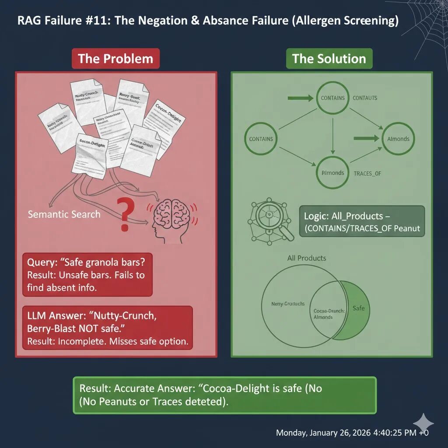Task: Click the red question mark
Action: tap(125, 213)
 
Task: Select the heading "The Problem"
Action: tap(115, 59)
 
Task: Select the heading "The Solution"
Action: tap(329, 59)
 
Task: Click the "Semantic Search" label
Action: tap(64, 214)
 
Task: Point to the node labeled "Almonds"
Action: tap(398, 139)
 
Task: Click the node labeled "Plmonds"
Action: tap(332, 172)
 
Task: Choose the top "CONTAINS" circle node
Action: tap(332, 98)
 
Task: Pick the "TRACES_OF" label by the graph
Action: tap(367, 173)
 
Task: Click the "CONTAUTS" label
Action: tap(365, 98)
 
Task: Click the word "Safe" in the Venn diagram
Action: tap(358, 308)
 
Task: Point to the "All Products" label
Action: tap(307, 258)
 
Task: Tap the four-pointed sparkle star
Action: tap(423, 423)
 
